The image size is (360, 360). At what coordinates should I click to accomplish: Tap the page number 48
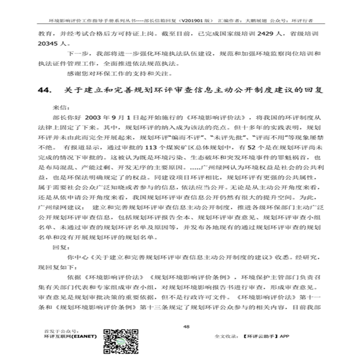[x=185, y=326]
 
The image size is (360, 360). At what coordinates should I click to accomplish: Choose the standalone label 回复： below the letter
[x=61, y=247]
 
